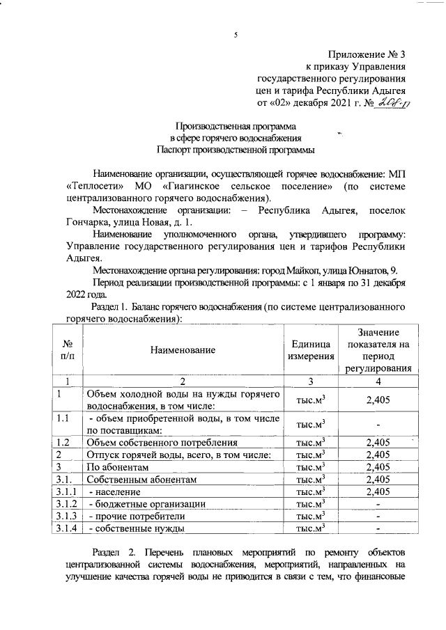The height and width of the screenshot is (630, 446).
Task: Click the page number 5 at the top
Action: coord(236,36)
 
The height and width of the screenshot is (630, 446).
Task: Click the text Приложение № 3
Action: coord(366,54)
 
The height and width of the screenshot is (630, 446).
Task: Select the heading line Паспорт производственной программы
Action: coord(236,150)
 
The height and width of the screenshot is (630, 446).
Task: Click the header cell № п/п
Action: coord(68,351)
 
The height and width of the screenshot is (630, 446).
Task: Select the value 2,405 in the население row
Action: coord(377,491)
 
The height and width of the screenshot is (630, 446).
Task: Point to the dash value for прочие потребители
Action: coord(377,516)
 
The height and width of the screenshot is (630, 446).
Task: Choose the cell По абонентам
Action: coord(116,466)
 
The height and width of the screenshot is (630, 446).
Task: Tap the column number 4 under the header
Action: coord(377,381)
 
